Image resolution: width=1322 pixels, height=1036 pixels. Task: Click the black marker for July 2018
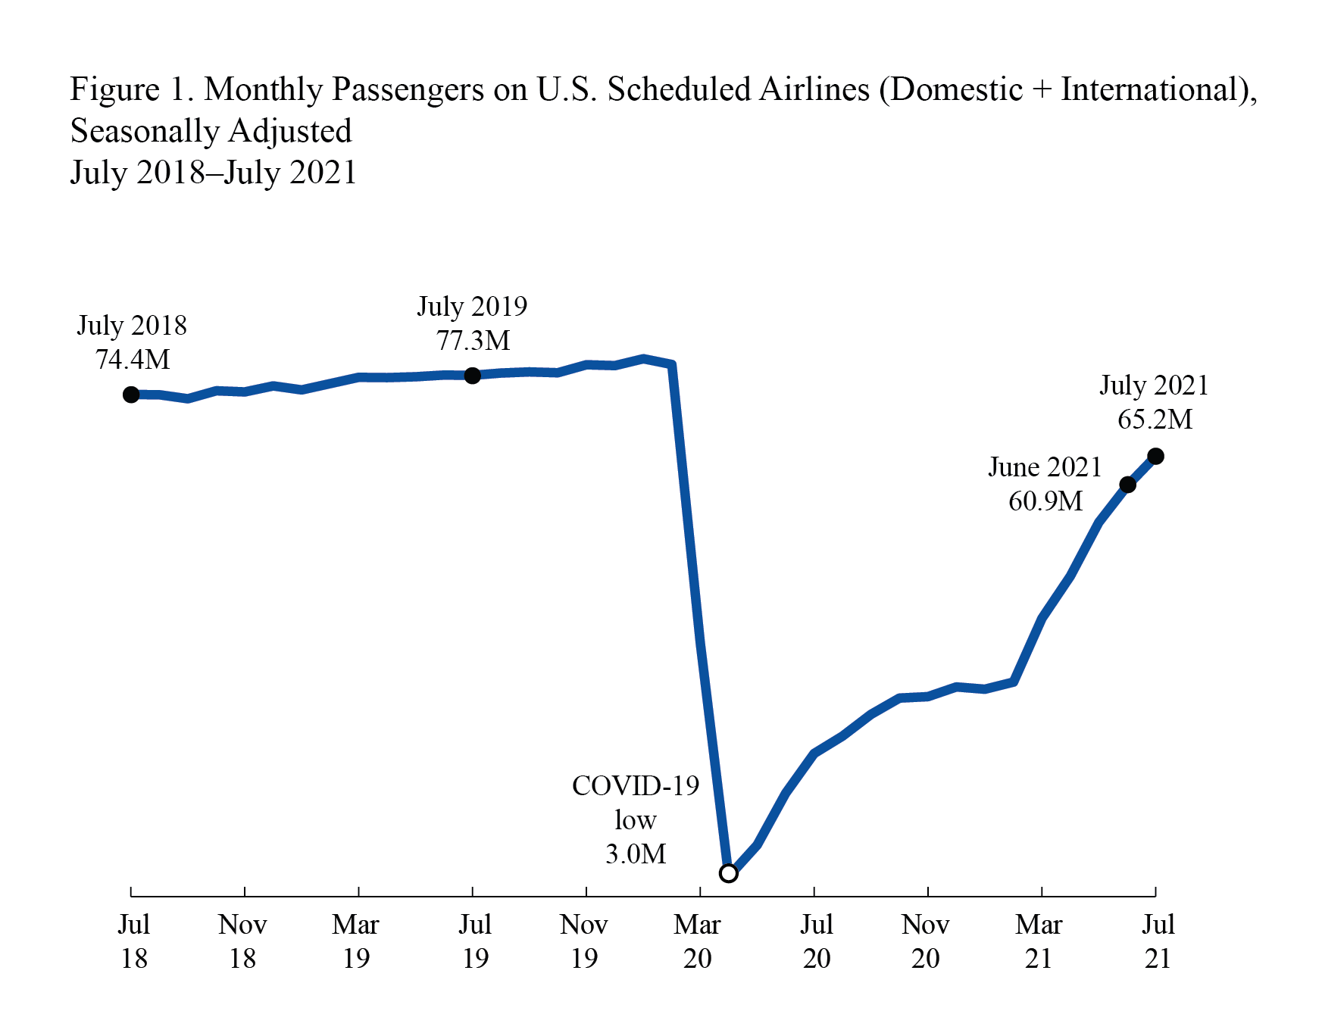coord(131,395)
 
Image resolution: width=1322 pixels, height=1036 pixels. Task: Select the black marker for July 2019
coord(472,376)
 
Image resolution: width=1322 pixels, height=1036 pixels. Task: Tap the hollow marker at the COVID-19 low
coord(728,873)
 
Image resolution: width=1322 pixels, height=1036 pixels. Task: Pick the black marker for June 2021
coord(1127,485)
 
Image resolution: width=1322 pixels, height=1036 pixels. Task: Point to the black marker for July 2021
coord(1155,456)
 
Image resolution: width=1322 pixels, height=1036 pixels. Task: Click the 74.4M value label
coord(133,359)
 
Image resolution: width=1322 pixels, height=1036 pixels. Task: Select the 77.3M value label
coord(473,340)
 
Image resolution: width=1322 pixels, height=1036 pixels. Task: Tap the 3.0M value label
coord(636,853)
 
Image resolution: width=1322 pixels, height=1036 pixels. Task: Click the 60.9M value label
coord(1045,501)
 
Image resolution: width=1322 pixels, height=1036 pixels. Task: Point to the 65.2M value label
coord(1155,419)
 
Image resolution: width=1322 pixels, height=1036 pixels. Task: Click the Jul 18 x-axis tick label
coord(133,941)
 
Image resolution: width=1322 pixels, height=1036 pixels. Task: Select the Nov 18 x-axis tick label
coord(242,941)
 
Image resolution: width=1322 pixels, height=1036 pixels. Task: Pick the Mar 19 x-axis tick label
coord(355,941)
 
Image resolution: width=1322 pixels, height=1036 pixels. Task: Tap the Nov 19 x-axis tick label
coord(584,941)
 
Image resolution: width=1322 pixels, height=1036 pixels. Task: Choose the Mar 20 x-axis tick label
coord(697,941)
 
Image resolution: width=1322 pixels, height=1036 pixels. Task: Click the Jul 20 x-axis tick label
coord(816,941)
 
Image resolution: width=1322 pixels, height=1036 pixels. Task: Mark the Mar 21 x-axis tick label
coord(1039,941)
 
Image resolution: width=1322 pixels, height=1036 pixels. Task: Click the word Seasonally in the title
coord(145,131)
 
